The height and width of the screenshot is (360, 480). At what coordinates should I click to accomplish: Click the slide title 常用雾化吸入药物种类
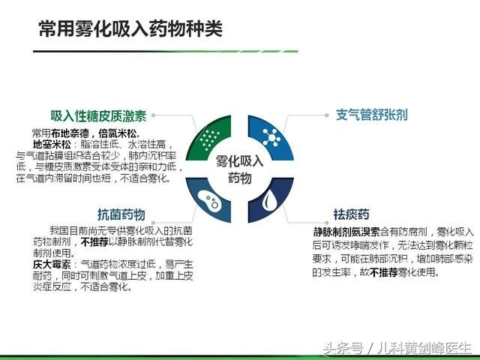point(130,29)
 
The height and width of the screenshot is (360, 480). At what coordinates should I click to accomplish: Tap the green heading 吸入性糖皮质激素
point(98,116)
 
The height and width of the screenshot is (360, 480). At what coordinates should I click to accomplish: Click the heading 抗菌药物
point(121,213)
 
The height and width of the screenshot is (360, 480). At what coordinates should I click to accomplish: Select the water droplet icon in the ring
point(268,201)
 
